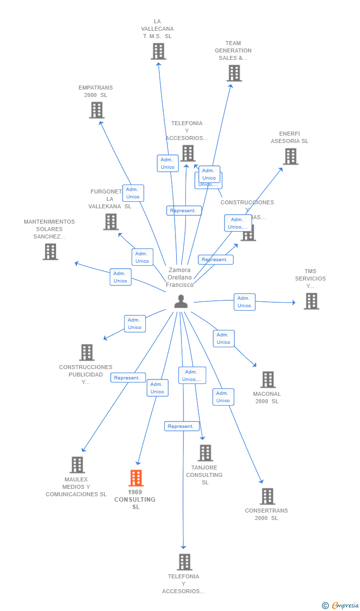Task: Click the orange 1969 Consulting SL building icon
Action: [x=136, y=478]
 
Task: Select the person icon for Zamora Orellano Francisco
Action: [x=181, y=301]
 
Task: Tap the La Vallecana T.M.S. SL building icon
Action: [x=158, y=51]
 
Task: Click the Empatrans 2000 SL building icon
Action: [x=96, y=110]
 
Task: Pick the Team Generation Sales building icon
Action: [x=234, y=73]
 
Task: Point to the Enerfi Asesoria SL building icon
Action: [x=290, y=156]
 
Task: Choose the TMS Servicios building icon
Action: [x=311, y=301]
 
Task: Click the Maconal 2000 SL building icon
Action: [x=268, y=379]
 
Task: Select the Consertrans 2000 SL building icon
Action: [x=267, y=496]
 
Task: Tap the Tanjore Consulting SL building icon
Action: [x=205, y=453]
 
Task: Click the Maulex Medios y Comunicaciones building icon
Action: [x=77, y=465]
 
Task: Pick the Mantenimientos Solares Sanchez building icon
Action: [x=50, y=251]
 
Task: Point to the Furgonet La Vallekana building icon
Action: [x=111, y=222]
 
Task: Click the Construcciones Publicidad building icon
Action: [x=87, y=352]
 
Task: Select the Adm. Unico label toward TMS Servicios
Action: [x=244, y=302]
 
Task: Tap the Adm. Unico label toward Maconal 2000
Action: [x=224, y=338]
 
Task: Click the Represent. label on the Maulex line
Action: [x=128, y=377]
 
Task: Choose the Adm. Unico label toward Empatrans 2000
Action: [x=133, y=193]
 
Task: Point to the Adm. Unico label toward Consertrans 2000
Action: [x=223, y=397]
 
